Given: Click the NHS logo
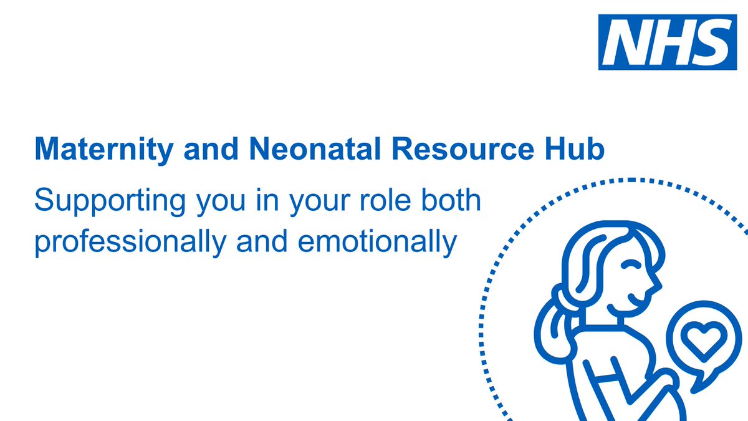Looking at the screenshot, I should coord(665,42).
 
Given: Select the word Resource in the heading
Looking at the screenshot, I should coord(455,150).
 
